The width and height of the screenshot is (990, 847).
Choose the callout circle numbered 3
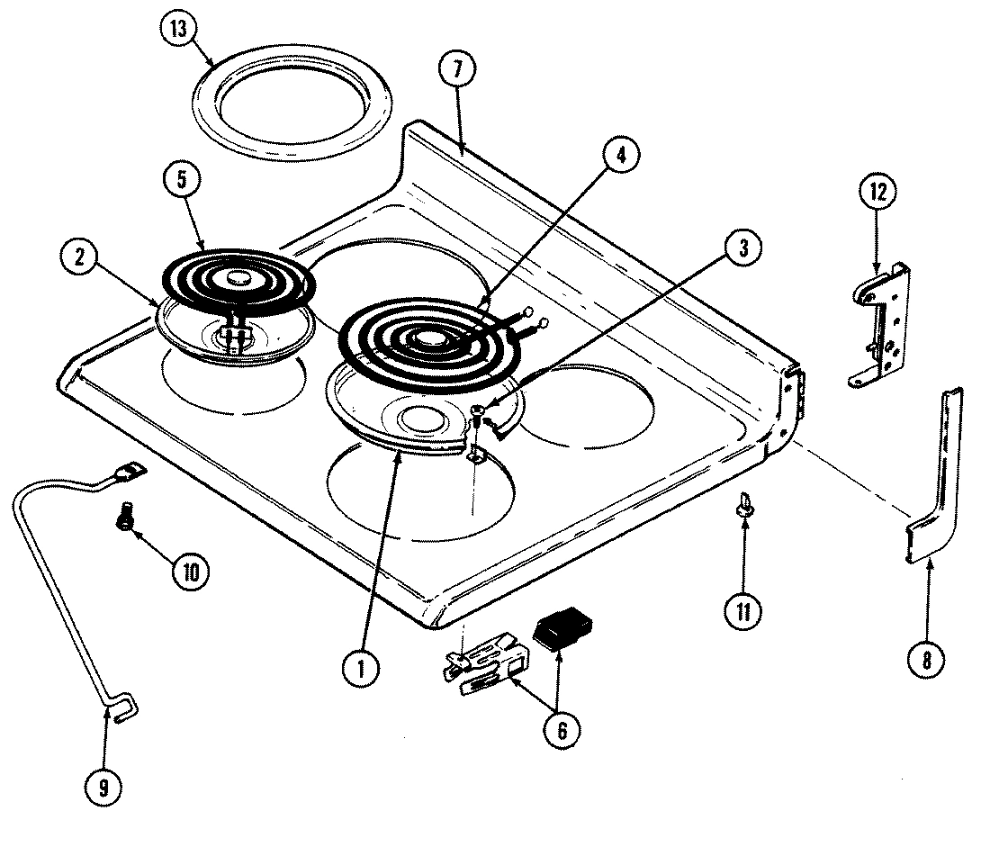pos(741,249)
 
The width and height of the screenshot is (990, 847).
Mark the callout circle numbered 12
pos(877,191)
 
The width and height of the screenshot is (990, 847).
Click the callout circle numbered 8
pos(928,660)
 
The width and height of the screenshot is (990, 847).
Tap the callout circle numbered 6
pos(561,729)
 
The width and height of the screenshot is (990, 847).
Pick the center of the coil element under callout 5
pos(238,280)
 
